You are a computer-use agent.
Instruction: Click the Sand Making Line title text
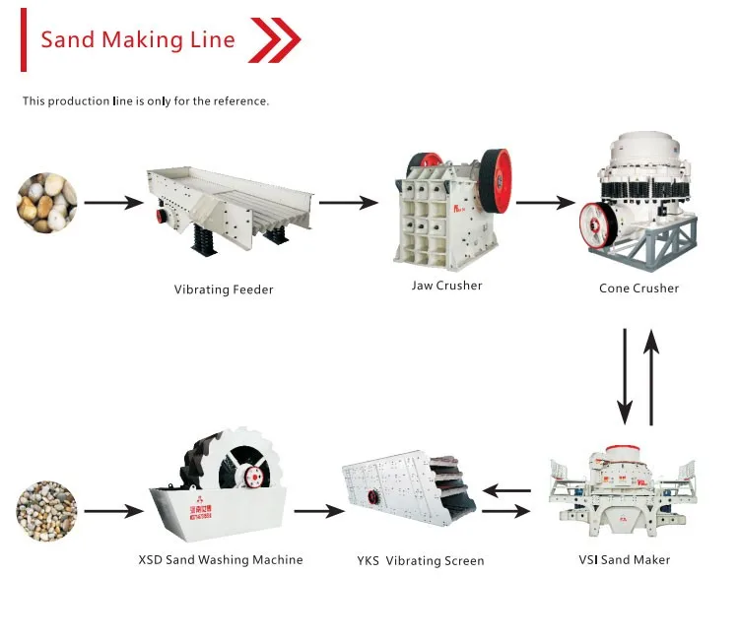click(x=137, y=40)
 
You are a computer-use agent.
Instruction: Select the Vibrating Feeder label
click(x=224, y=289)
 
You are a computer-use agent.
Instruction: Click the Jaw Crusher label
click(x=446, y=286)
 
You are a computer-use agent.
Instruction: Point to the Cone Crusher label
click(x=638, y=288)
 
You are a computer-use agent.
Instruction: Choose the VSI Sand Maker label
click(x=623, y=559)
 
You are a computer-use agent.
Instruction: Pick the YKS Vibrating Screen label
click(x=421, y=561)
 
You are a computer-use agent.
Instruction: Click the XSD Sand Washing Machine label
click(x=221, y=559)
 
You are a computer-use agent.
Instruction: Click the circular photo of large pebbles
click(x=45, y=204)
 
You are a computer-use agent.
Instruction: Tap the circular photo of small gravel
click(x=45, y=511)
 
